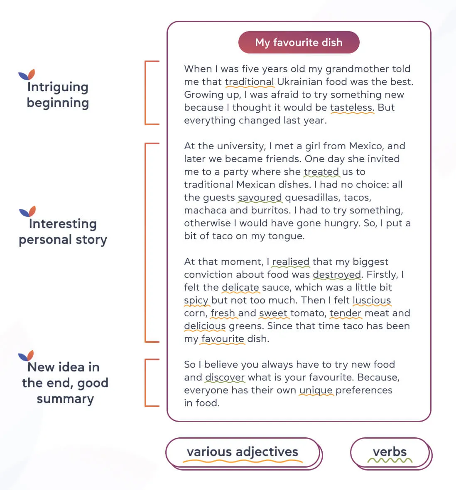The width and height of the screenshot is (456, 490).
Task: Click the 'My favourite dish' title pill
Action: [x=299, y=42]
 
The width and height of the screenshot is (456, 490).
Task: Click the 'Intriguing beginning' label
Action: [x=58, y=95]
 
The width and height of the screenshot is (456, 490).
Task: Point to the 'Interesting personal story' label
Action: [x=63, y=231]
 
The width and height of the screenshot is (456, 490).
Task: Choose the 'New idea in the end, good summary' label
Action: [x=65, y=383]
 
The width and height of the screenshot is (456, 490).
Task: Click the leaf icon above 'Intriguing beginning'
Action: [x=27, y=75]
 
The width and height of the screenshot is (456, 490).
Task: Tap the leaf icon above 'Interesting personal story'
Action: [x=28, y=211]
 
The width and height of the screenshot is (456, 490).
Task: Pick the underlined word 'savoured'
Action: [x=260, y=197]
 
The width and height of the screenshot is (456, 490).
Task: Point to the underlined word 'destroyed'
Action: [x=337, y=274]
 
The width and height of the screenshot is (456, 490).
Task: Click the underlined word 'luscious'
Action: [x=372, y=300]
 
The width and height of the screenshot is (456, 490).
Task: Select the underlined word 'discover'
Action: [x=225, y=377]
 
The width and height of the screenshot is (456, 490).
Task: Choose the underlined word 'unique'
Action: [x=316, y=390]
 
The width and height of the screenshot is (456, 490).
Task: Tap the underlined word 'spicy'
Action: [x=196, y=300]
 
